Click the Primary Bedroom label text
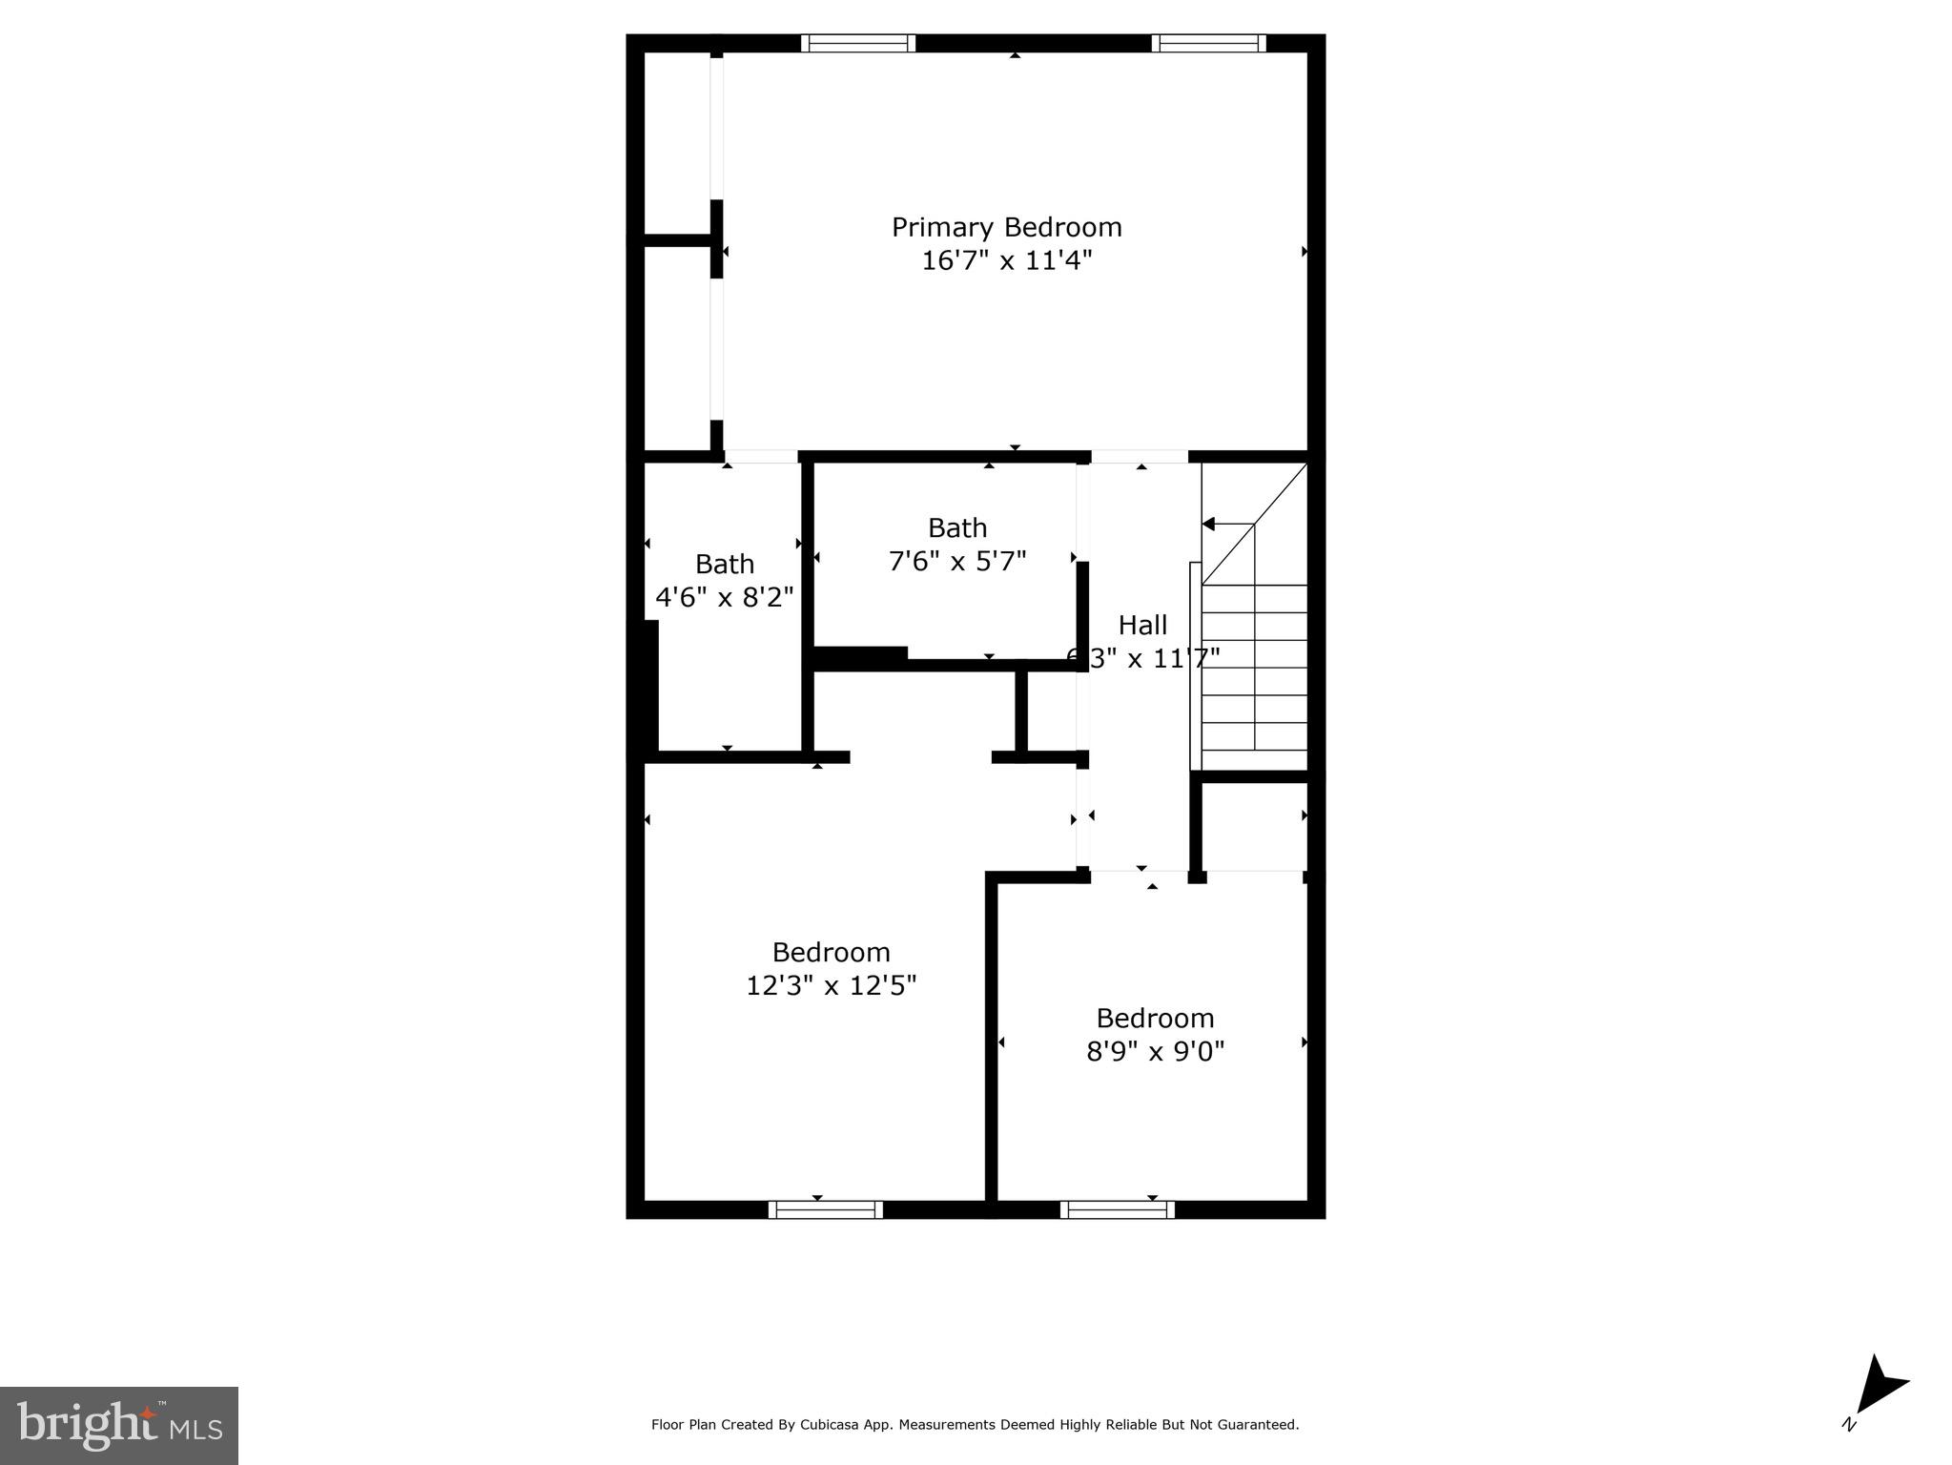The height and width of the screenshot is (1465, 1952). [1006, 227]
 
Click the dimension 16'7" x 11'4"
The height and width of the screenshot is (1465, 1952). [1006, 260]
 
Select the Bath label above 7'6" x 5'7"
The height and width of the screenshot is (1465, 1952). [956, 527]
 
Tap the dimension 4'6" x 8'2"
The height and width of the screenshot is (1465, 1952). [724, 598]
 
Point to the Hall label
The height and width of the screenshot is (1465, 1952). [1141, 626]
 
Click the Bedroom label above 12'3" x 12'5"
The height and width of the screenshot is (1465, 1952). [831, 952]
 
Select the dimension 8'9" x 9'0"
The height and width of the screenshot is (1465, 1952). [1155, 1051]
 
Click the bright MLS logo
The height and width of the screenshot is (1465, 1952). [119, 1425]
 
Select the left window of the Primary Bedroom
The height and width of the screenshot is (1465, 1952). [857, 43]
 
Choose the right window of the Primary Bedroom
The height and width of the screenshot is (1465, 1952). [1208, 43]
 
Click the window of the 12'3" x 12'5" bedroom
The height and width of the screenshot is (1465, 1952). [825, 1209]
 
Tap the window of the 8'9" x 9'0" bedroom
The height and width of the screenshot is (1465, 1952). [1117, 1209]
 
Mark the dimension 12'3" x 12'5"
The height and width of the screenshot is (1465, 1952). [831, 985]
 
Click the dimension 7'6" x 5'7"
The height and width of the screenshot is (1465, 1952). [956, 561]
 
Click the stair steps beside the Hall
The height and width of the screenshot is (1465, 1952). [1253, 668]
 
